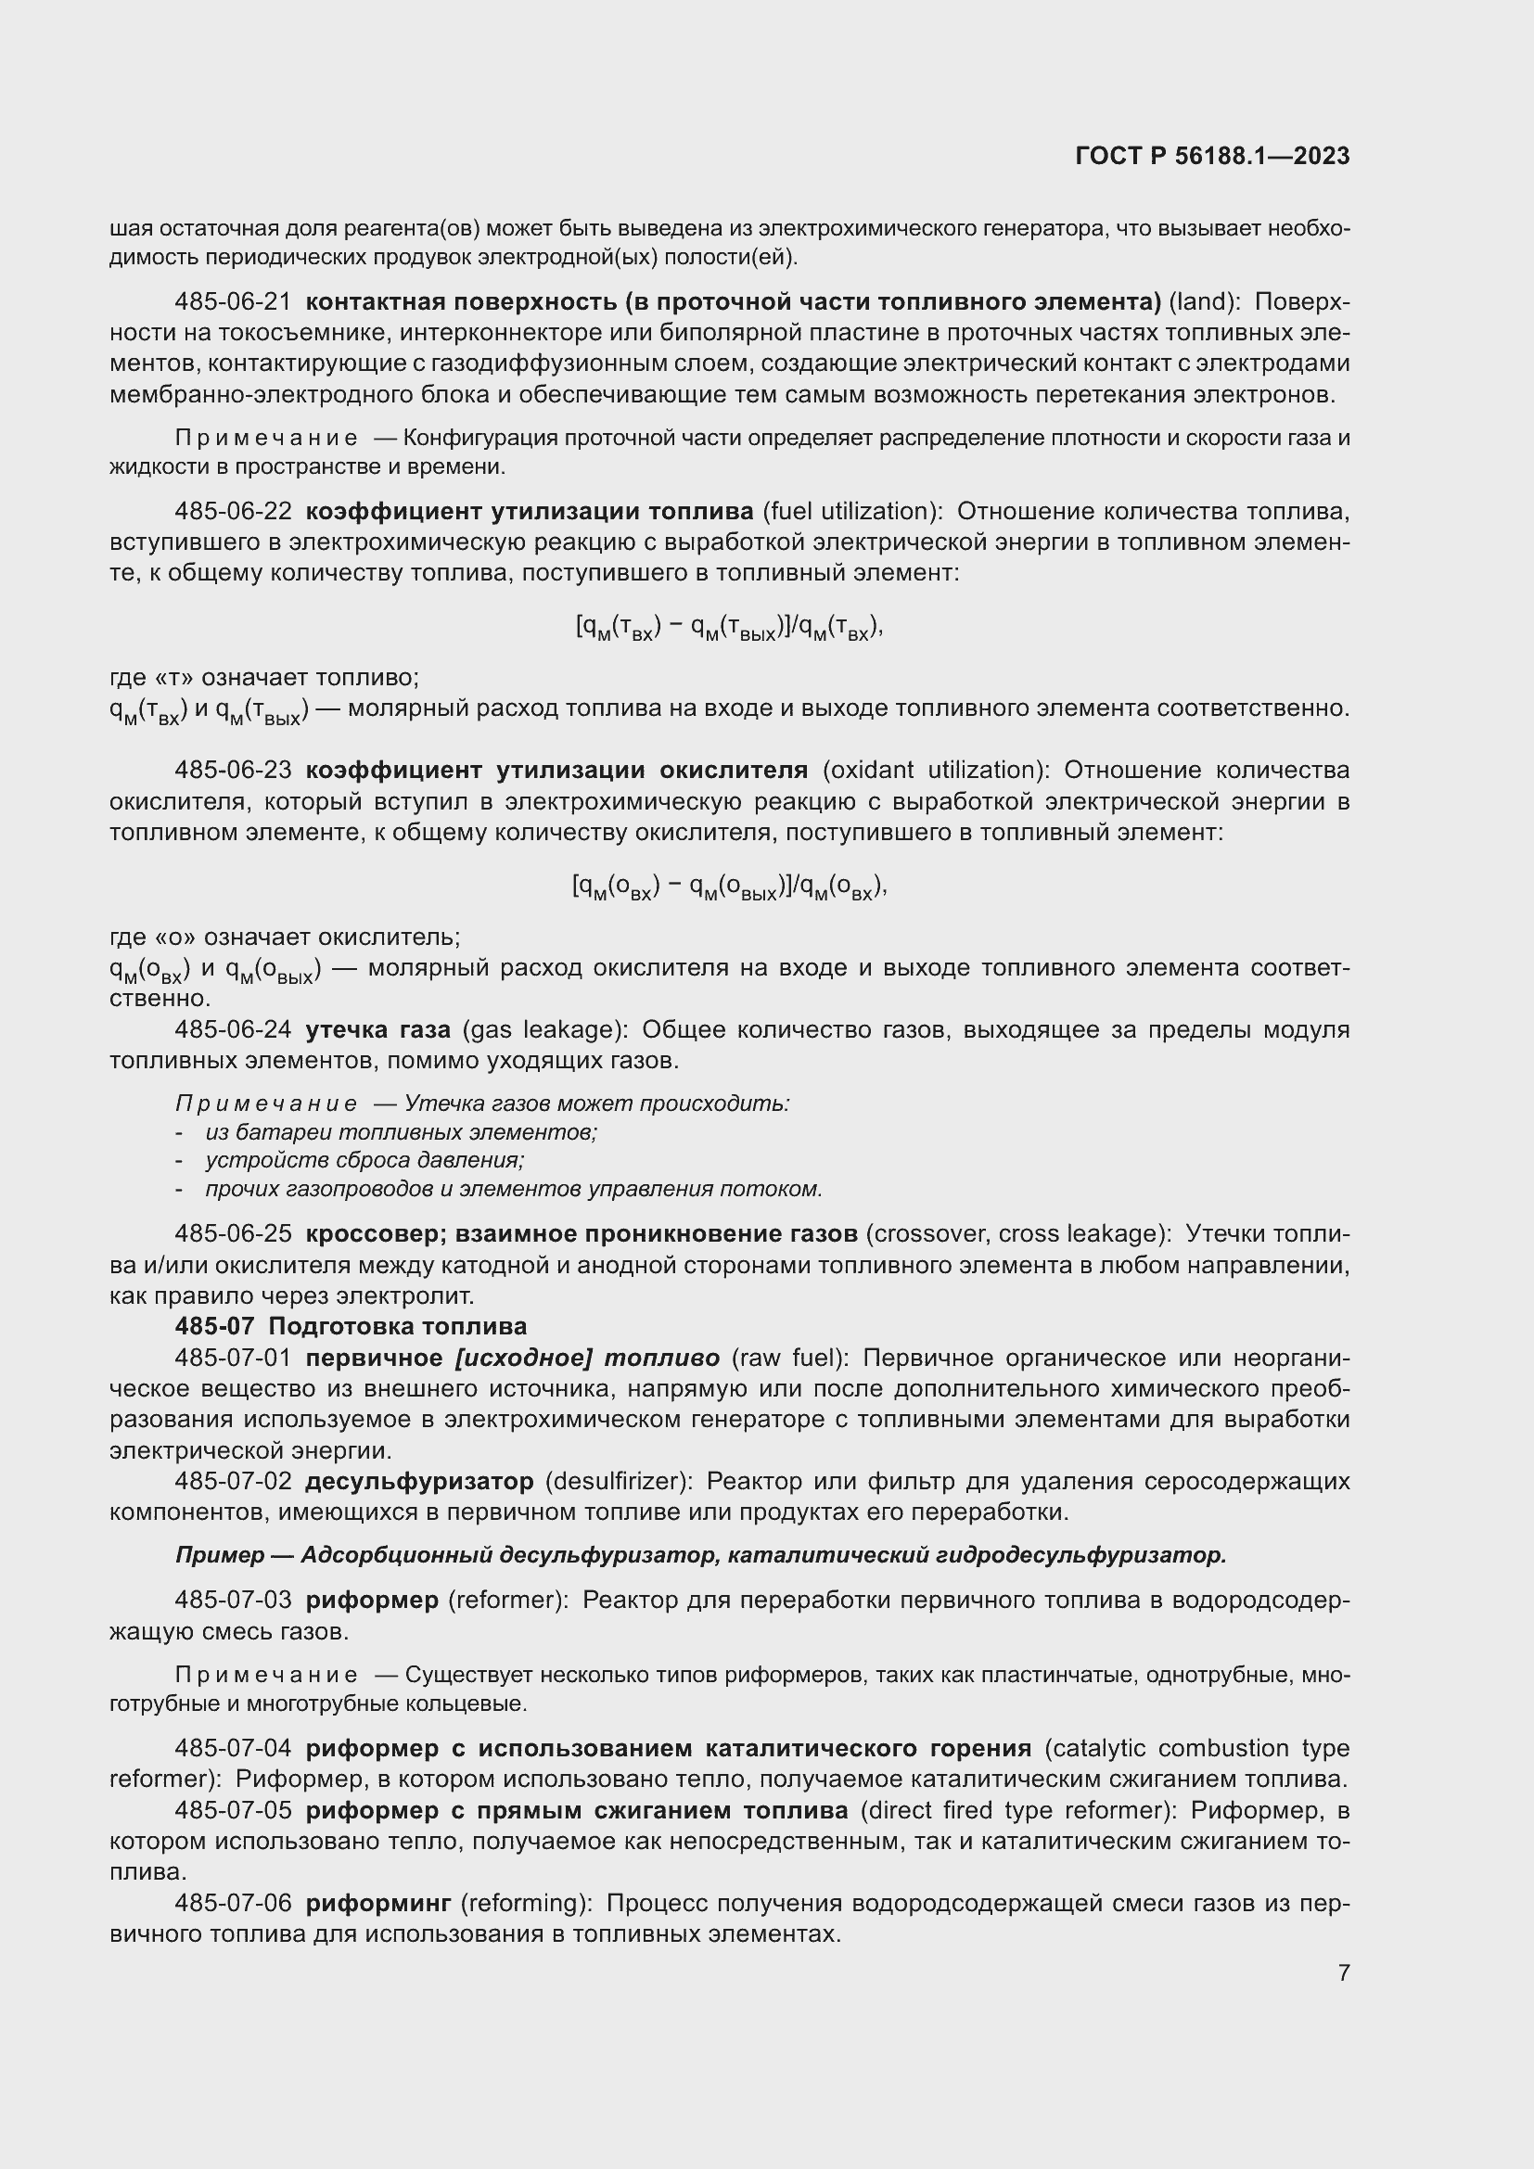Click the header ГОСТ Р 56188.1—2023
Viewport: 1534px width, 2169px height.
[x=1212, y=157]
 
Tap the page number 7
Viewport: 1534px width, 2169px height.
[x=1343, y=1972]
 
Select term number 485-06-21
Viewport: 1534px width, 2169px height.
[x=234, y=302]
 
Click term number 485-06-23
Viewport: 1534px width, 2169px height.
[x=234, y=771]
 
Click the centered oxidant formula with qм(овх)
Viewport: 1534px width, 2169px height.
[x=729, y=888]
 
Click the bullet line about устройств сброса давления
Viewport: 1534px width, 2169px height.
[x=364, y=1160]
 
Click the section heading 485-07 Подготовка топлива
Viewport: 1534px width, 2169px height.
[x=351, y=1326]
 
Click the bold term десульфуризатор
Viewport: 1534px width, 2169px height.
[x=419, y=1480]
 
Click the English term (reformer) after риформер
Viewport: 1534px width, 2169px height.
[x=508, y=1601]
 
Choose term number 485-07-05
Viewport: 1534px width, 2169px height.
[x=234, y=1810]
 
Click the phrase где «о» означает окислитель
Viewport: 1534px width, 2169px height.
[x=286, y=938]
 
